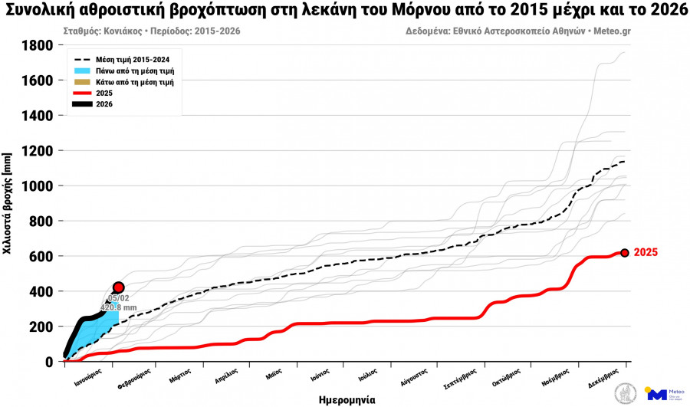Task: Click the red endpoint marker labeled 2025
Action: pyautogui.click(x=624, y=253)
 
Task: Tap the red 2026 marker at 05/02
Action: pyautogui.click(x=118, y=287)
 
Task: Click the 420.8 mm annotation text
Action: pyautogui.click(x=118, y=307)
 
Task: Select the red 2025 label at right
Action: pyautogui.click(x=646, y=253)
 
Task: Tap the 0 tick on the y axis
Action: pyautogui.click(x=49, y=362)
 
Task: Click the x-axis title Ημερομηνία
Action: pyautogui.click(x=347, y=399)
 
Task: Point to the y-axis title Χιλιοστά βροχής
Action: pyautogui.click(x=8, y=203)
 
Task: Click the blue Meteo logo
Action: pyautogui.click(x=657, y=394)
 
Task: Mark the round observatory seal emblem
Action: pyautogui.click(x=626, y=394)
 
